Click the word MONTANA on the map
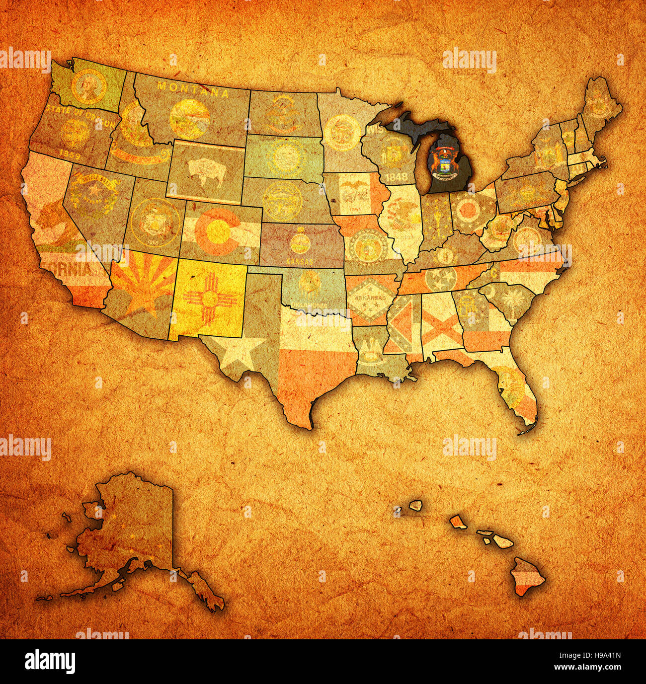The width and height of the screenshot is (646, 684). [x=193, y=89]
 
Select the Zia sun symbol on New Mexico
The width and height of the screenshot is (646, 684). [x=208, y=300]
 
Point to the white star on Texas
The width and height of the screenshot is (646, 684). [x=244, y=350]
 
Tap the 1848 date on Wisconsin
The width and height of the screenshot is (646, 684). [x=397, y=176]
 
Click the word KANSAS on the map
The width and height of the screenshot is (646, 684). [x=301, y=261]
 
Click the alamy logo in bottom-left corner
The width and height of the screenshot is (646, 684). [x=50, y=661]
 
